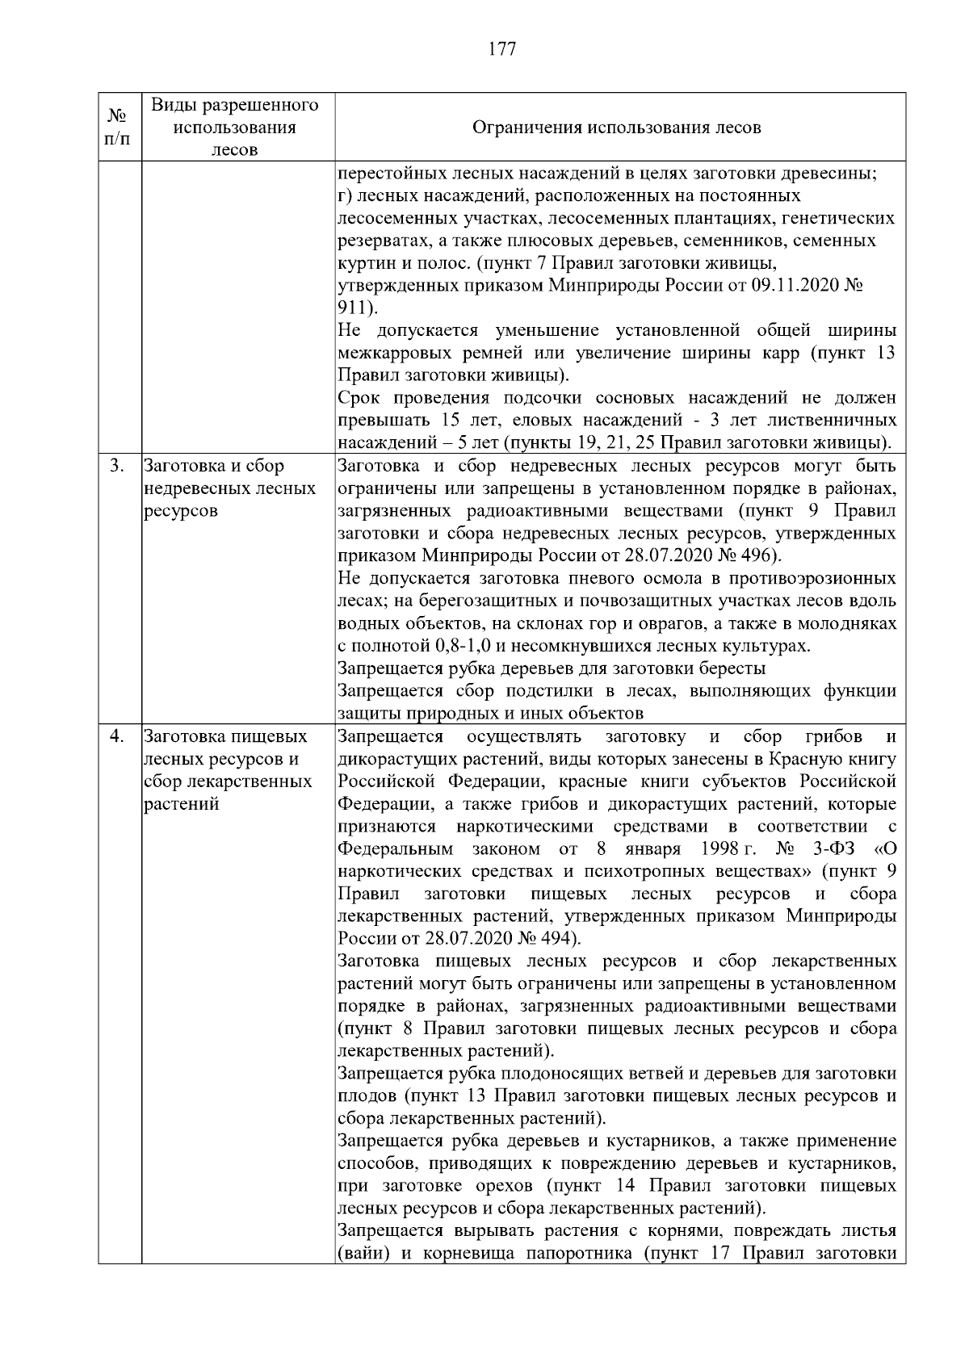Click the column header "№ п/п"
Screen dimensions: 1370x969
point(118,128)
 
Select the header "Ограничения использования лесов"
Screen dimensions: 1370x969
point(615,128)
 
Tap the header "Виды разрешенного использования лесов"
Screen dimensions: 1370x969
point(235,128)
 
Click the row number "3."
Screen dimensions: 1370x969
point(117,466)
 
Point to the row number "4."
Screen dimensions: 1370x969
point(117,736)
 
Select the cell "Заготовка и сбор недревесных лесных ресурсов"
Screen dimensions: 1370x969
point(229,488)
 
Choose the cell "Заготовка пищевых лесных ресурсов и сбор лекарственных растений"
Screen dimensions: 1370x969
point(228,770)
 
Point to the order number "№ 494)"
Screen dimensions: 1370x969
point(547,939)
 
